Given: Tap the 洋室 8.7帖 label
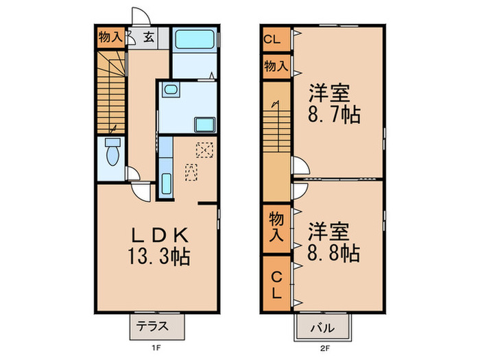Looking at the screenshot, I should point(334,103).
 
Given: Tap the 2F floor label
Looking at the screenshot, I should point(324,348).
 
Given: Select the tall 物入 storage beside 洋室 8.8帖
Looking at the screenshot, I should point(275,227).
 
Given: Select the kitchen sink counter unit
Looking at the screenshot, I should point(165,168).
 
